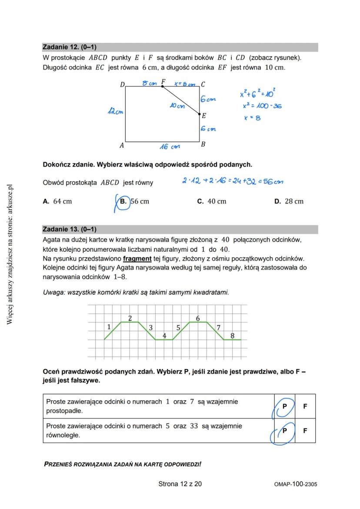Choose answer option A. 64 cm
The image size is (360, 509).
click(57, 201)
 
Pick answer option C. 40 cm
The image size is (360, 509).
click(212, 201)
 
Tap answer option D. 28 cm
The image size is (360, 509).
click(289, 201)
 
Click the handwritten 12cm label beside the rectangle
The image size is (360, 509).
click(115, 112)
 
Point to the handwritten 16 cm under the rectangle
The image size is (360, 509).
click(169, 147)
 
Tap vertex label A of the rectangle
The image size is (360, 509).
click(122, 146)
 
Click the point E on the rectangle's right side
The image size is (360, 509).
click(200, 114)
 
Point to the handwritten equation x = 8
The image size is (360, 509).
click(252, 117)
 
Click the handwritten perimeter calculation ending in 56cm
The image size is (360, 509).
click(233, 181)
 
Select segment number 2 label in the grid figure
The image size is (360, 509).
click(130, 318)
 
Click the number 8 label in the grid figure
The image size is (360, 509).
click(232, 336)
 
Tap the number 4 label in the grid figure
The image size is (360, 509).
click(164, 336)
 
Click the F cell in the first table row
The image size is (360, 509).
click(305, 406)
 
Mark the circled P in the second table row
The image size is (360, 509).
click(285, 431)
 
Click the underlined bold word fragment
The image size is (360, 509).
click(137, 259)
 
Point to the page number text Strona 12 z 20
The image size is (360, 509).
click(180, 484)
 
